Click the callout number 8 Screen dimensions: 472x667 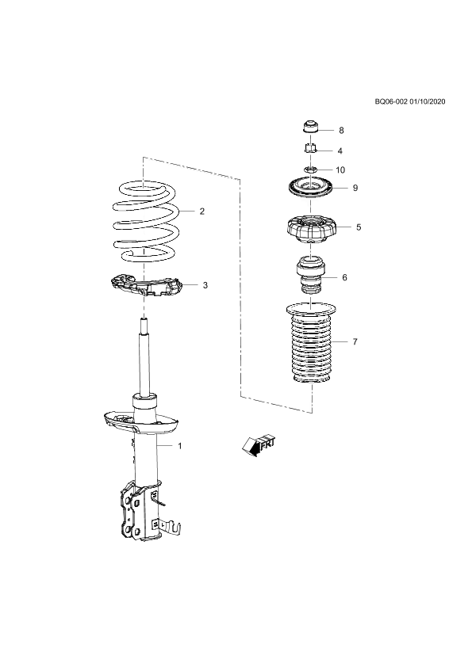pos(341,130)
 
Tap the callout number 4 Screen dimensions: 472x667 pos(340,151)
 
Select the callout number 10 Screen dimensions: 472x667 pos(340,170)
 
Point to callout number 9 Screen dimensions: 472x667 pos(355,188)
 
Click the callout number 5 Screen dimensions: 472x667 pos(359,227)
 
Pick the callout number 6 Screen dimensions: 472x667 pos(344,277)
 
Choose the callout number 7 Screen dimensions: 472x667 pos(355,341)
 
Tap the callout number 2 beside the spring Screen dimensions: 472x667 pos(202,211)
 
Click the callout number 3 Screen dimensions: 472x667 pos(205,285)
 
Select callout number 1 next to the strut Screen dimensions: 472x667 pos(180,446)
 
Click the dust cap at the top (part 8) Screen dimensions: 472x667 pos(311,128)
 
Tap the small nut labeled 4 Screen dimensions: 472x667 pos(311,149)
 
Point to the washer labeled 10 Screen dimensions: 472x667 pos(310,170)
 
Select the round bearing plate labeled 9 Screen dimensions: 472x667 pos(310,189)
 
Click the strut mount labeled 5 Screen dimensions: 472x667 pos(311,230)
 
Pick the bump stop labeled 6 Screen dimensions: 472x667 pos(311,275)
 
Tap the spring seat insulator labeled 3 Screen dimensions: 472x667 pos(146,284)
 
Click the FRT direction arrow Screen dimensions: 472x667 pos(258,445)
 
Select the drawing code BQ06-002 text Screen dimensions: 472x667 pos(392,101)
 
